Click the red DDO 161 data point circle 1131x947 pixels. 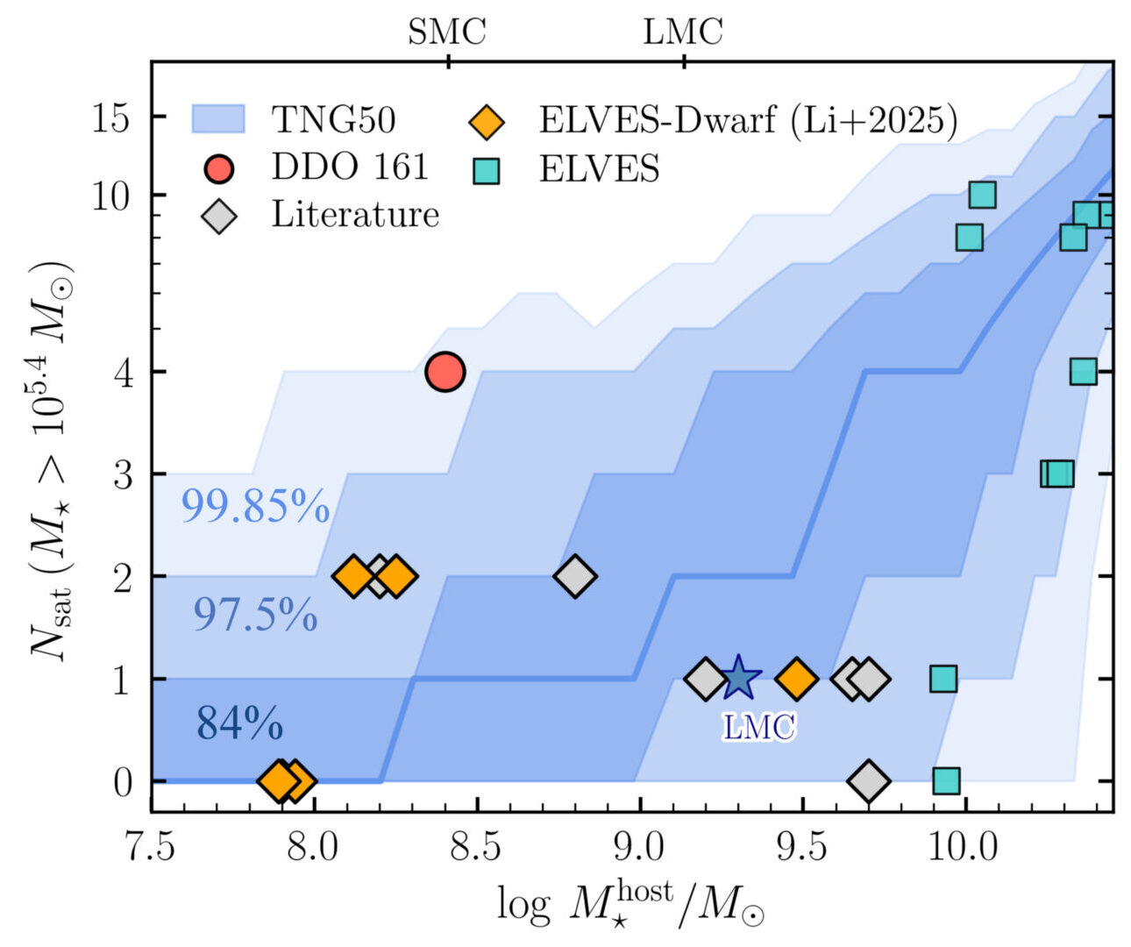pyautogui.click(x=445, y=372)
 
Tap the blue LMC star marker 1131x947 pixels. pyautogui.click(x=739, y=678)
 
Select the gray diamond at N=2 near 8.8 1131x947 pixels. pyautogui.click(x=575, y=576)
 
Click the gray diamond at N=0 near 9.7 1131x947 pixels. pyautogui.click(x=868, y=780)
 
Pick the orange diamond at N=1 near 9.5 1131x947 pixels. pyautogui.click(x=796, y=678)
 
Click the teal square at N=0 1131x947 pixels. pyautogui.click(x=946, y=780)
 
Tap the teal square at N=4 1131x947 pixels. pyautogui.click(x=1084, y=372)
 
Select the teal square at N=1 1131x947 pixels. pyautogui.click(x=942, y=678)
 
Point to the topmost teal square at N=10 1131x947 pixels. pyautogui.click(x=982, y=195)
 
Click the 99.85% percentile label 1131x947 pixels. pyautogui.click(x=254, y=507)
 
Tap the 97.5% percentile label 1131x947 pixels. pyautogui.click(x=254, y=615)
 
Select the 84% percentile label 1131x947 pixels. pyautogui.click(x=238, y=723)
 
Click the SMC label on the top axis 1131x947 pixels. pyautogui.click(x=446, y=32)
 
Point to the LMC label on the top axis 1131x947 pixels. pyautogui.click(x=683, y=32)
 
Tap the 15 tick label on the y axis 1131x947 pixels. pyautogui.click(x=111, y=117)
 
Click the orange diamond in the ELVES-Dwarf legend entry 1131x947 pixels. pyautogui.click(x=486, y=121)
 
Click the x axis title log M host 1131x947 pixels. pyautogui.click(x=630, y=903)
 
